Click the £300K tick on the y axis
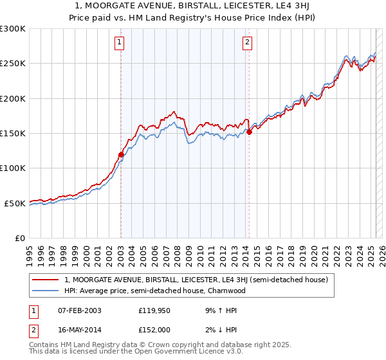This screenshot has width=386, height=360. pos(13,29)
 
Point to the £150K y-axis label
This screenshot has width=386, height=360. pos(13,134)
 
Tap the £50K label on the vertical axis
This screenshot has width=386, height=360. pos(15,203)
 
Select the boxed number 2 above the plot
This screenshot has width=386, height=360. pos(247,43)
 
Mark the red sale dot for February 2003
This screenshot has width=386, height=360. pos(121,154)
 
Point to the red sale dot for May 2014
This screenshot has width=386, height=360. pos(250,132)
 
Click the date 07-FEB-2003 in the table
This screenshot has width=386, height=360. pos(79,310)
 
